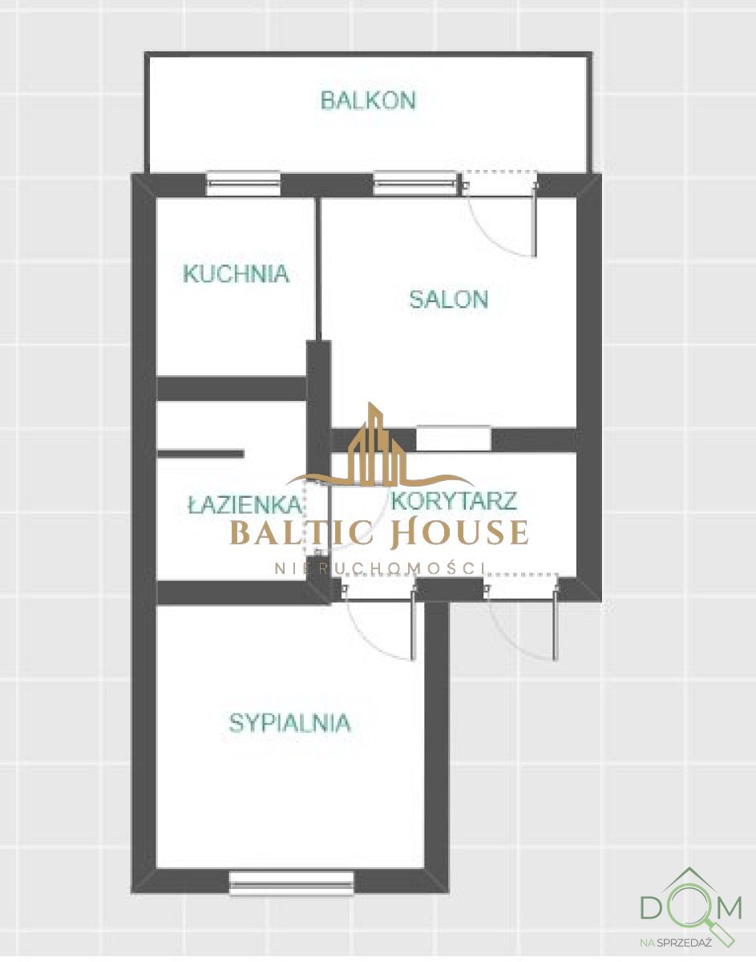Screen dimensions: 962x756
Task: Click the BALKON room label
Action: [x=368, y=101]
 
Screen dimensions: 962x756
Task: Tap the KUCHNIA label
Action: [x=236, y=273]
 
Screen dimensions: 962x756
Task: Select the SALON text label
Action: [x=448, y=299]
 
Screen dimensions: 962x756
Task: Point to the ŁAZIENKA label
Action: [x=244, y=505]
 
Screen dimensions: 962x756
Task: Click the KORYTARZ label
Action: [x=454, y=502]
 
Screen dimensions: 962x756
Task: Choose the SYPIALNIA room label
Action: [x=289, y=723]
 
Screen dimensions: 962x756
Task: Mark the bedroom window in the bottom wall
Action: [x=291, y=883]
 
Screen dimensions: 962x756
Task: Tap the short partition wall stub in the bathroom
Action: [x=200, y=454]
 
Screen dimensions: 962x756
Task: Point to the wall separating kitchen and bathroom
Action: [x=232, y=388]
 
